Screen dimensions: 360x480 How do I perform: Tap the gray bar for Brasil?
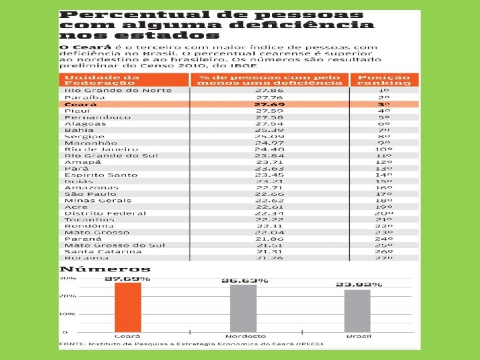[357, 311]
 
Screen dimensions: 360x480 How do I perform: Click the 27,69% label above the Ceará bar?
[127, 278]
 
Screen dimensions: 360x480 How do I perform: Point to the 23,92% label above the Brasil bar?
[359, 285]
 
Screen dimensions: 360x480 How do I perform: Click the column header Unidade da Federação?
[93, 80]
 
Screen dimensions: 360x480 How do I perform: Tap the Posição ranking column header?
[384, 80]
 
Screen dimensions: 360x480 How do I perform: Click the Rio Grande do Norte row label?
[117, 91]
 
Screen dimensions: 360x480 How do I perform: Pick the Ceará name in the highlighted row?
[80, 105]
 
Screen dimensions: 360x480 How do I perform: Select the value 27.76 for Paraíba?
[269, 97]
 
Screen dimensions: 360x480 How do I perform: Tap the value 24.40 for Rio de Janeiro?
[269, 149]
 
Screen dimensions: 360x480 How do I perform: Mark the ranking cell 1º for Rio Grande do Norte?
[384, 91]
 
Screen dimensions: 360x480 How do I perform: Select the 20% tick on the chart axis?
[67, 295]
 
